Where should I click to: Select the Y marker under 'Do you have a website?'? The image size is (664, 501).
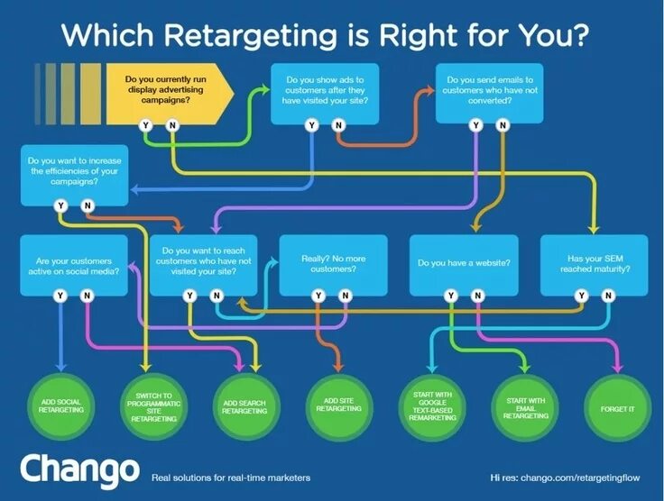[x=450, y=296]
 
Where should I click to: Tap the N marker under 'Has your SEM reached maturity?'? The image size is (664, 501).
[x=607, y=296]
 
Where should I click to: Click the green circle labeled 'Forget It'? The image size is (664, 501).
[x=617, y=408]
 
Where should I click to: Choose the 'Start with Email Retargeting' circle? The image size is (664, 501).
[x=525, y=408]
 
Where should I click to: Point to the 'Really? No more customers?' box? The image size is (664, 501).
[x=333, y=265]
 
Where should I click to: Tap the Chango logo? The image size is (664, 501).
[x=80, y=469]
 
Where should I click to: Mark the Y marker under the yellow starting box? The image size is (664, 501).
[x=146, y=125]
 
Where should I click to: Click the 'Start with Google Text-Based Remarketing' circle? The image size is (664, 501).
[x=432, y=408]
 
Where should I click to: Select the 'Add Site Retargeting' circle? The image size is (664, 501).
[x=339, y=408]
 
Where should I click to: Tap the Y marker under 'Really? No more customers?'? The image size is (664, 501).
[x=318, y=296]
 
